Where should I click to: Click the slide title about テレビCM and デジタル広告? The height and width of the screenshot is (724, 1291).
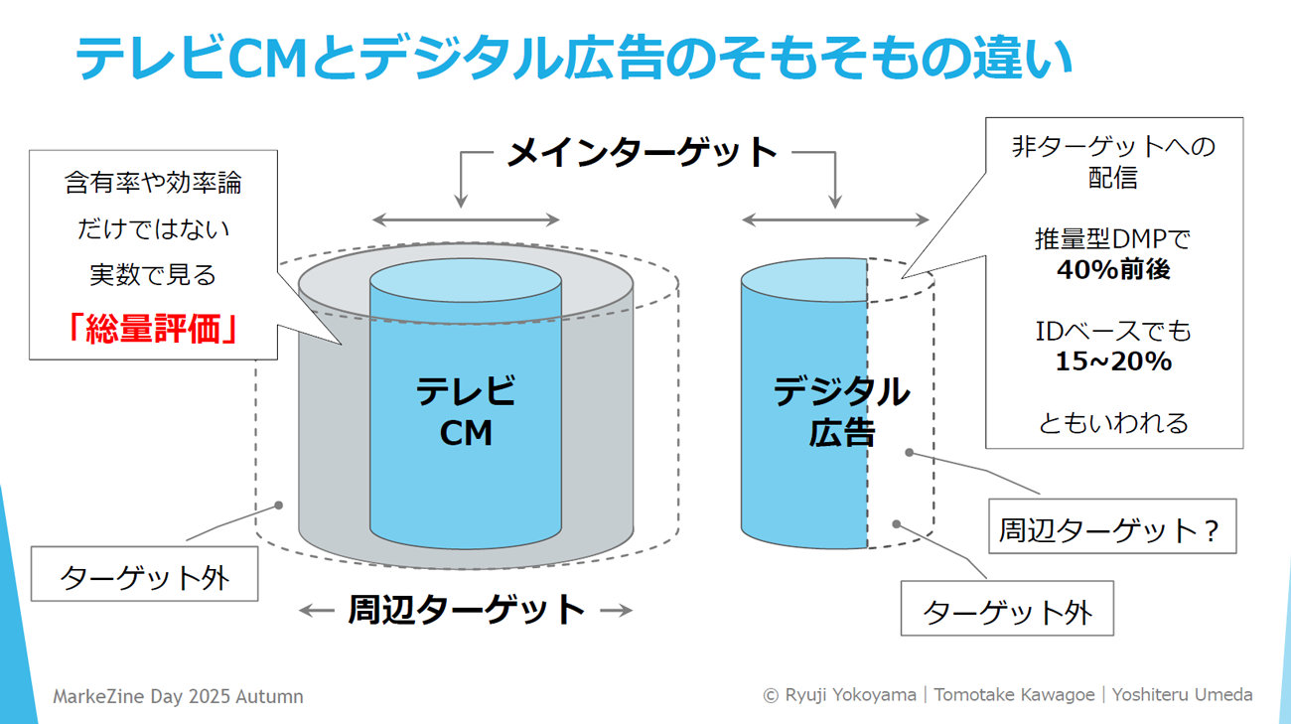pos(574,58)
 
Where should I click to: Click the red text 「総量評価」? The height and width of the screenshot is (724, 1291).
pos(153,329)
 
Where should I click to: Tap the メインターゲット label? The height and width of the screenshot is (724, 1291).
pos(642,153)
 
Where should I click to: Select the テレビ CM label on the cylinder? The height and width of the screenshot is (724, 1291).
pos(466,411)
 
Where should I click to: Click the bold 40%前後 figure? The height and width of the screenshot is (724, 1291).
pos(1112,270)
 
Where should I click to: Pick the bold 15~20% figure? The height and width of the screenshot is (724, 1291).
pos(1112,362)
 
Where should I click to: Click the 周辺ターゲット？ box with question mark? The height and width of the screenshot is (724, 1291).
pos(1112,527)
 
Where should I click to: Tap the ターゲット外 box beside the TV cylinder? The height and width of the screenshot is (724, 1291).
pos(145,576)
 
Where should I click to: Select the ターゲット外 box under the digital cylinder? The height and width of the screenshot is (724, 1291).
pos(1007,610)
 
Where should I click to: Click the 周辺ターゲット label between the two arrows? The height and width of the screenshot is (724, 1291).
pos(466,610)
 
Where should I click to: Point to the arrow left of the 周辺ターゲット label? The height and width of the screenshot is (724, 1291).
pos(316,611)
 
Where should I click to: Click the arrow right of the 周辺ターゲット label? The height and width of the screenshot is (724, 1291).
pos(616,611)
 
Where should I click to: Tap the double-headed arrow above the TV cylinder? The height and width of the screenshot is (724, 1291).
pos(466,220)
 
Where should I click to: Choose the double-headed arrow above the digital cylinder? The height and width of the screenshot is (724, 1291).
pos(835,220)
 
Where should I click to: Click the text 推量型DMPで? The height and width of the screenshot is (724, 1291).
pos(1112,239)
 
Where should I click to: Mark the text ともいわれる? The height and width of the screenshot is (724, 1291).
pos(1112,423)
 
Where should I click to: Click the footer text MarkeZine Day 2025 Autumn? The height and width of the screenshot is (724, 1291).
pos(178,696)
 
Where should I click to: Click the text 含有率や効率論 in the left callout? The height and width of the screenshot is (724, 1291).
pos(153,183)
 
